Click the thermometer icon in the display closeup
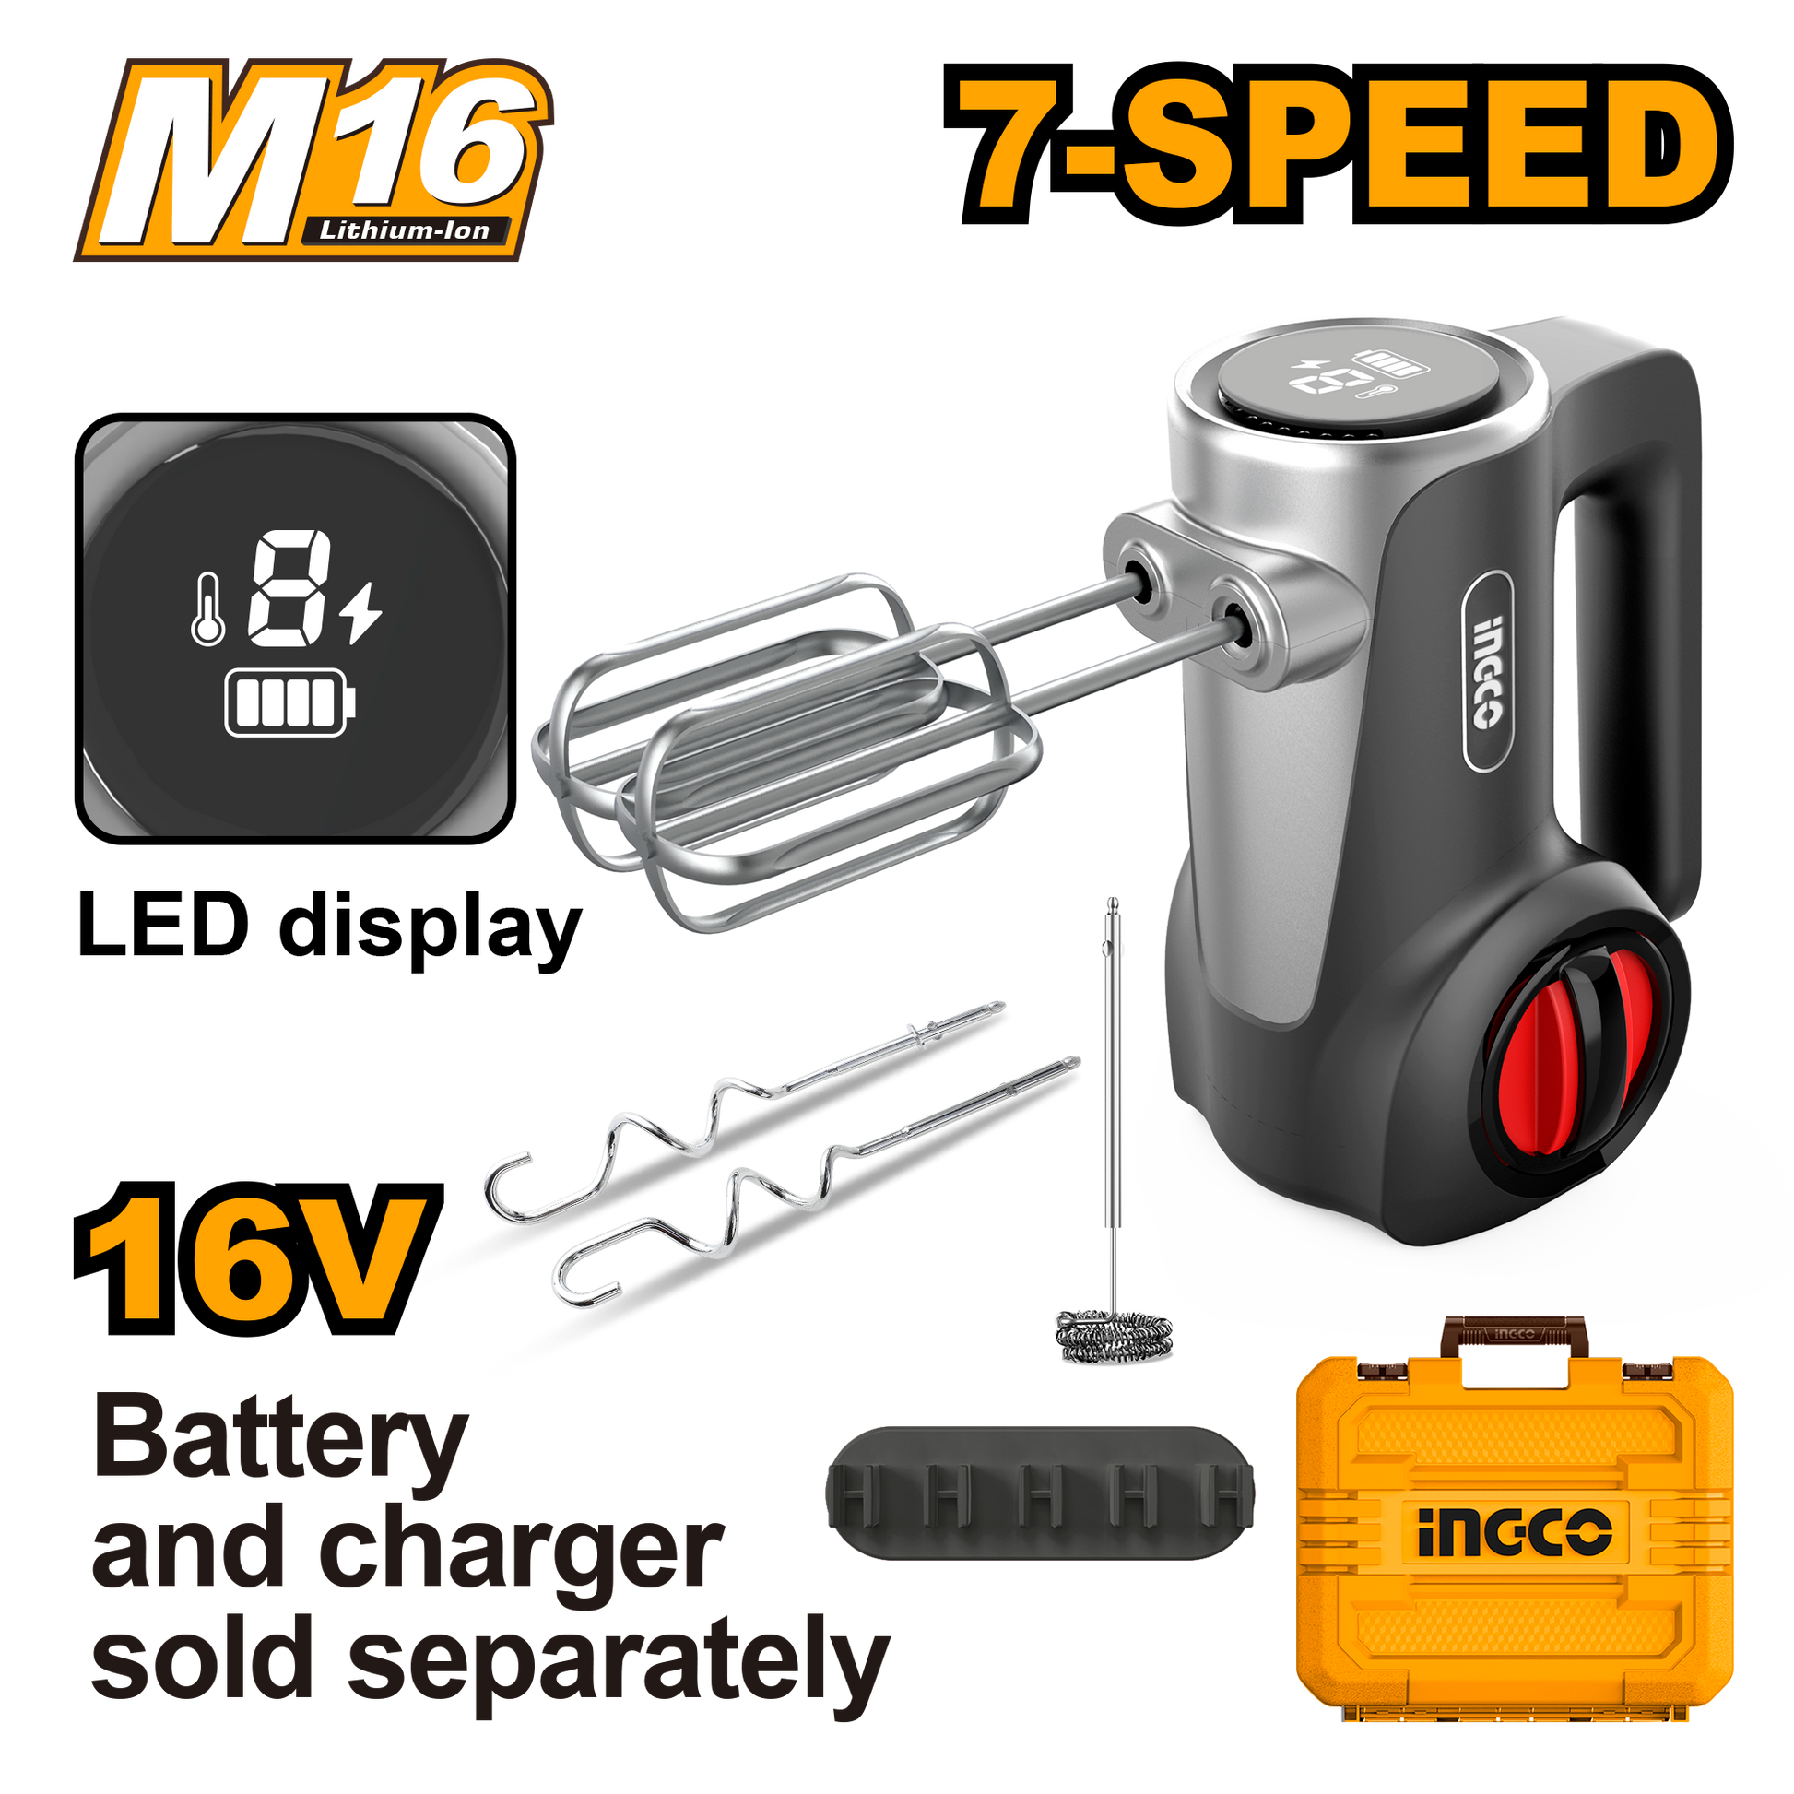(207, 608)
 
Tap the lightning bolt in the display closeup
(360, 613)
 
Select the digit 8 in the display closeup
(286, 591)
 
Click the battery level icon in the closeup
(290, 706)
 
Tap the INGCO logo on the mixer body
(1487, 670)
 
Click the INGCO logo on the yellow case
(1513, 1531)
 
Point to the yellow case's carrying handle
(1514, 1334)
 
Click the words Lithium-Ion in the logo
(405, 230)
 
